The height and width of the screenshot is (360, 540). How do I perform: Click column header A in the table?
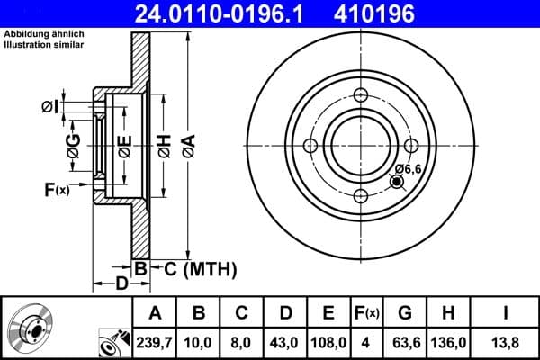point(154,313)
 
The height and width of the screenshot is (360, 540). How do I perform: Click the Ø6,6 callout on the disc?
point(409,168)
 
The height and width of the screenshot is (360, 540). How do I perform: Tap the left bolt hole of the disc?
point(310,147)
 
